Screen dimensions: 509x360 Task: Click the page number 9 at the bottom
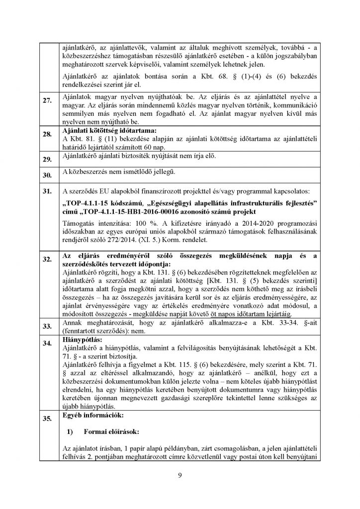pos(180,476)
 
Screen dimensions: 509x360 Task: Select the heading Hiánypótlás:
pos(79,338)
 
